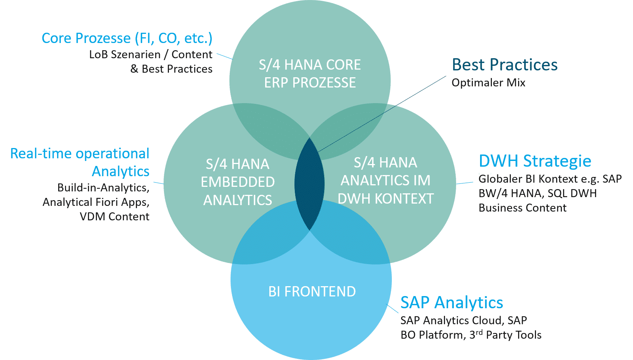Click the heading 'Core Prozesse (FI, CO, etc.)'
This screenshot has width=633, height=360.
pos(127,38)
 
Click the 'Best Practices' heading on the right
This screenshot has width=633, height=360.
pos(504,65)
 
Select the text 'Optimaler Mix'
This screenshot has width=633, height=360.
pos(488,83)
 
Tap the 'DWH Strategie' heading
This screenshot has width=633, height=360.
pos(535,161)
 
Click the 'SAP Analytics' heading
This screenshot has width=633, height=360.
pos(452,303)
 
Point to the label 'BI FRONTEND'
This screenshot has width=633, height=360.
pos(312,292)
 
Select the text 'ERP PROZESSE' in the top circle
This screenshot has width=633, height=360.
pos(310,83)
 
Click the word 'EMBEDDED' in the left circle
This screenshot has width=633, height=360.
pos(238,182)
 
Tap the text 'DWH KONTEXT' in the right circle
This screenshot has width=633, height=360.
pos(385,198)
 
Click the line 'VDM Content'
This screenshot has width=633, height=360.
pos(115,217)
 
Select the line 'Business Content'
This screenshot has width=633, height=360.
pos(522,208)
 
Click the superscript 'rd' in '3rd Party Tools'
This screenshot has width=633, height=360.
pos(479,332)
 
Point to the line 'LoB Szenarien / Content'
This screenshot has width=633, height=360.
pos(151,55)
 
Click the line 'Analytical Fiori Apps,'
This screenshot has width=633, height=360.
pos(96,202)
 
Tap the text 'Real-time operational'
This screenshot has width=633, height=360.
pos(80,153)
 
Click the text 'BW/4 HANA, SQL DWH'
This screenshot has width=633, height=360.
pos(537,193)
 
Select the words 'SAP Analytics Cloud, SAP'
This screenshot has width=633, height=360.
pos(463,320)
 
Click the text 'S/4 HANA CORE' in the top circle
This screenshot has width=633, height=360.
pos(310,65)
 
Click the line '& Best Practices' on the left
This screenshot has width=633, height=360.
pos(171,69)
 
